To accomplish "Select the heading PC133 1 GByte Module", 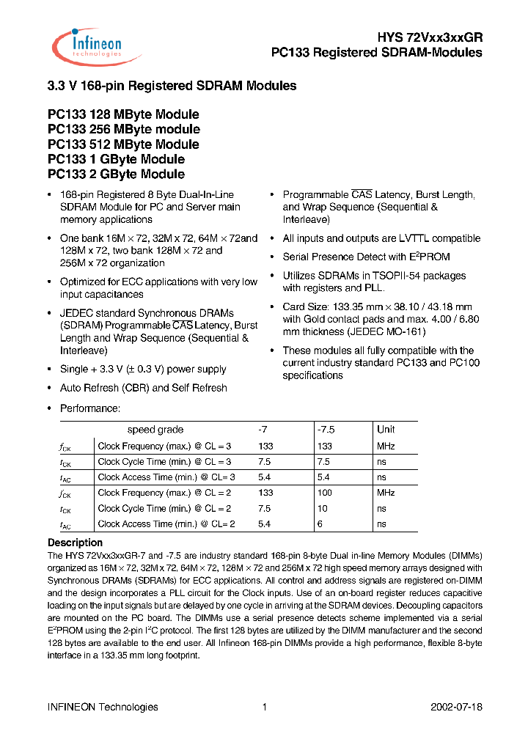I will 116,159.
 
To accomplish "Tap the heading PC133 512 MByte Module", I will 123,144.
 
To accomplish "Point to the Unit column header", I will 386,430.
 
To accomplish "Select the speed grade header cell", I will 155,430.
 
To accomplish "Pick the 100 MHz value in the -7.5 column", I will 325,493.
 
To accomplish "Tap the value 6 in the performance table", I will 320,524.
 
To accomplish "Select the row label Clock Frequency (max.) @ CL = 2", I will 164,493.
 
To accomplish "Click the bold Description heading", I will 76,543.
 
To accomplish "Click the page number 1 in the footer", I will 264,707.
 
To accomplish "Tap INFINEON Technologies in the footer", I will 103,707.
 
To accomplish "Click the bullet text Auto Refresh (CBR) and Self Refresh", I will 144,388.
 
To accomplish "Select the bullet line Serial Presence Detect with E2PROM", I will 366,257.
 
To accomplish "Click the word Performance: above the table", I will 90,408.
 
